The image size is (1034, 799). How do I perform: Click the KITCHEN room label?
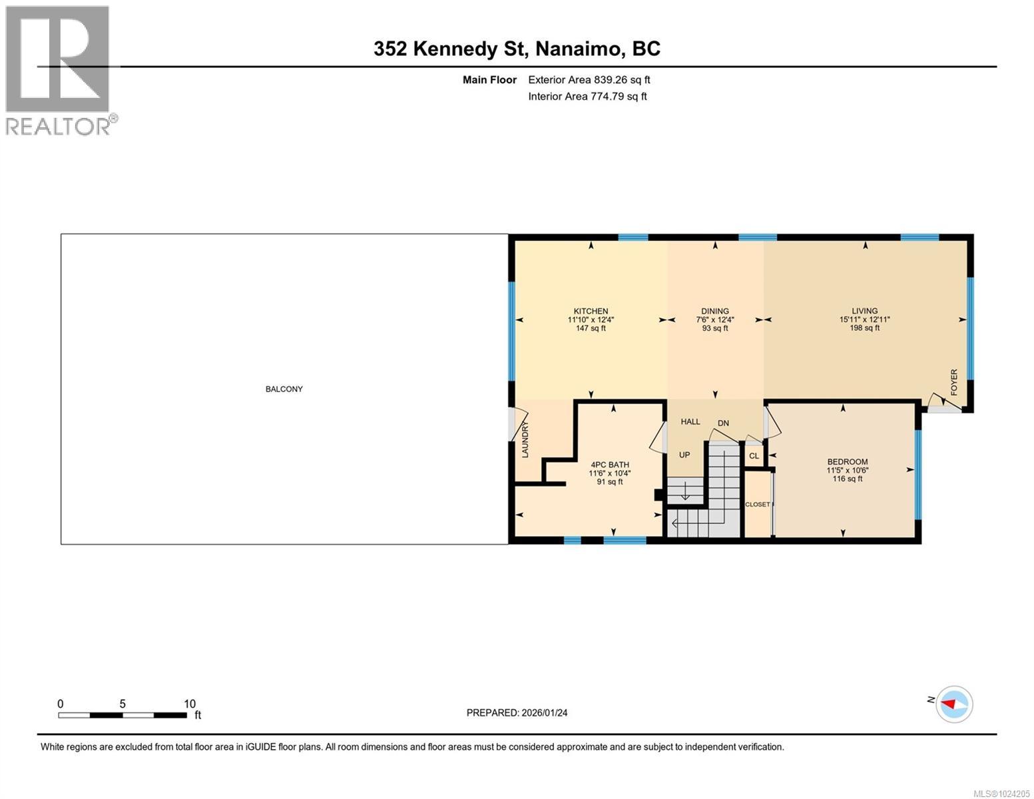click(591, 311)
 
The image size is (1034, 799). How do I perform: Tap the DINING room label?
click(715, 311)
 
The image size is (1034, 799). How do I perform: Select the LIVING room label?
click(864, 311)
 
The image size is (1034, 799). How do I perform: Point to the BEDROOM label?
click(847, 461)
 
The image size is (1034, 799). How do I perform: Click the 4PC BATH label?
click(609, 465)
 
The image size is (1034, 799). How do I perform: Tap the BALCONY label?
click(284, 389)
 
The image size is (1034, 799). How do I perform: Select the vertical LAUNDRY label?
click(525, 439)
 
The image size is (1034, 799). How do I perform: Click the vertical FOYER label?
click(953, 382)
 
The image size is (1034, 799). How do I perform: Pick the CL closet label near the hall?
click(754, 456)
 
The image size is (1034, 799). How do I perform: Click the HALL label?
click(690, 421)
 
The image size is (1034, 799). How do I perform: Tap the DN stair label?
click(723, 423)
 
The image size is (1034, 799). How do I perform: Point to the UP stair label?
click(684, 455)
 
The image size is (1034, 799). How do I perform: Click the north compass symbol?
click(954, 704)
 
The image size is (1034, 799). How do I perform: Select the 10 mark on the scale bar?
click(189, 704)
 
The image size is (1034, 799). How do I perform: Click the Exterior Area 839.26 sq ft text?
click(589, 80)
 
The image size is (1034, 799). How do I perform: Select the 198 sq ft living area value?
click(864, 328)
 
